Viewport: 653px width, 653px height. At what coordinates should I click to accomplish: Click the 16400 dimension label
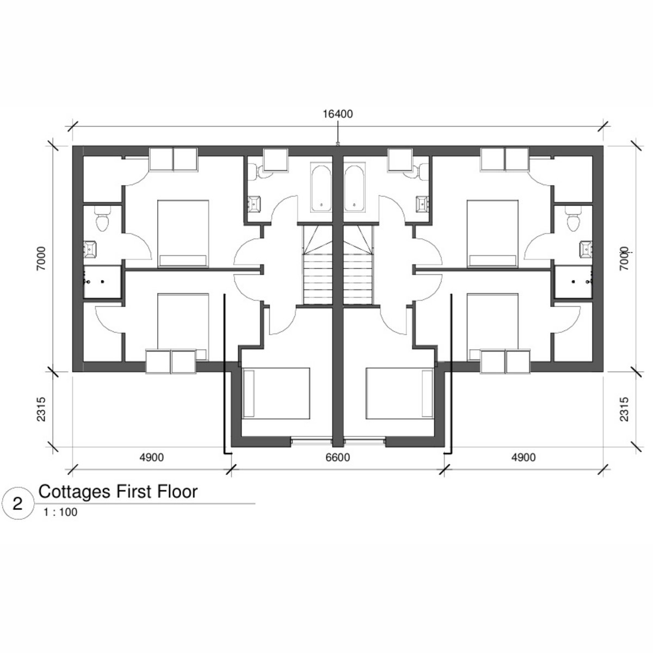pyautogui.click(x=337, y=114)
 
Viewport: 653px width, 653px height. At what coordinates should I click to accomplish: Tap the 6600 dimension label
pyautogui.click(x=337, y=458)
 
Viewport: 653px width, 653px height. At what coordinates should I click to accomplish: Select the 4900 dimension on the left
pyautogui.click(x=151, y=458)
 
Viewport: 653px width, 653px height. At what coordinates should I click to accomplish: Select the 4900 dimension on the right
pyautogui.click(x=523, y=458)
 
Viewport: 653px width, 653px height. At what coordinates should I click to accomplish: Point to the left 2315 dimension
pyautogui.click(x=41, y=409)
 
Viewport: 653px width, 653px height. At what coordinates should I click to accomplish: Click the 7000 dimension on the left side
pyautogui.click(x=41, y=258)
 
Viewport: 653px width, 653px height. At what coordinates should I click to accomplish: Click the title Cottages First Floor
pyautogui.click(x=118, y=492)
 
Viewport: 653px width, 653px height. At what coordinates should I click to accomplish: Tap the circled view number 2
pyautogui.click(x=17, y=504)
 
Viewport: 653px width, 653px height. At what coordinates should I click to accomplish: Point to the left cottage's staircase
pyautogui.click(x=318, y=266)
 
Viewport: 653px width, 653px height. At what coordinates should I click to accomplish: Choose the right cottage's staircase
pyautogui.click(x=358, y=266)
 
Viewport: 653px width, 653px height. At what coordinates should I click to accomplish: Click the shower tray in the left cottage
pyautogui.click(x=102, y=282)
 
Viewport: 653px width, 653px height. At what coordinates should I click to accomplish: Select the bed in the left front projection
pyautogui.click(x=276, y=393)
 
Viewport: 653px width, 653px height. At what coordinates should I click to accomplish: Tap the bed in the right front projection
pyautogui.click(x=400, y=393)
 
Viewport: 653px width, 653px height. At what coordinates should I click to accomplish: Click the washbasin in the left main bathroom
pyautogui.click(x=254, y=204)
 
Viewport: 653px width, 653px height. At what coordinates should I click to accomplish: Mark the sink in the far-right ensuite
pyautogui.click(x=586, y=249)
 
